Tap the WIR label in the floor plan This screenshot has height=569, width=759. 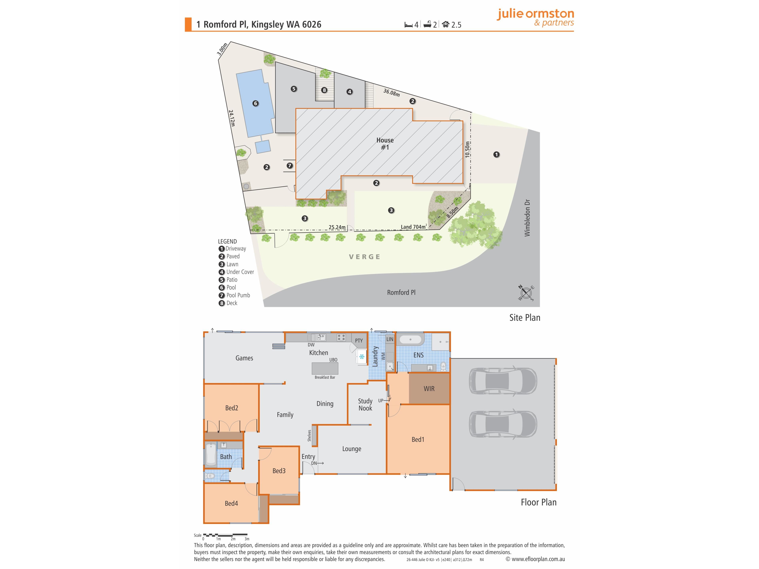[429, 389]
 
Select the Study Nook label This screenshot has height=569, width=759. [365, 404]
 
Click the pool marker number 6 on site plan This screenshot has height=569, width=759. [255, 103]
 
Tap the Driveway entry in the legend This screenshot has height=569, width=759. [232, 249]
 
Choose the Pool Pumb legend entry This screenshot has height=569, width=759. [234, 295]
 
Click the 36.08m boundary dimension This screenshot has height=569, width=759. [392, 93]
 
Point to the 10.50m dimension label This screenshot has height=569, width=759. [467, 149]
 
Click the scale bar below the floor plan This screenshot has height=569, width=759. [225, 535]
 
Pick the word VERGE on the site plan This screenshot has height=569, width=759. [364, 257]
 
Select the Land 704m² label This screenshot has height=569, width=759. [414, 227]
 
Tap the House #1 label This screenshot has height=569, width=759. [385, 144]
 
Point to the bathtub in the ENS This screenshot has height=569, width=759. [410, 340]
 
